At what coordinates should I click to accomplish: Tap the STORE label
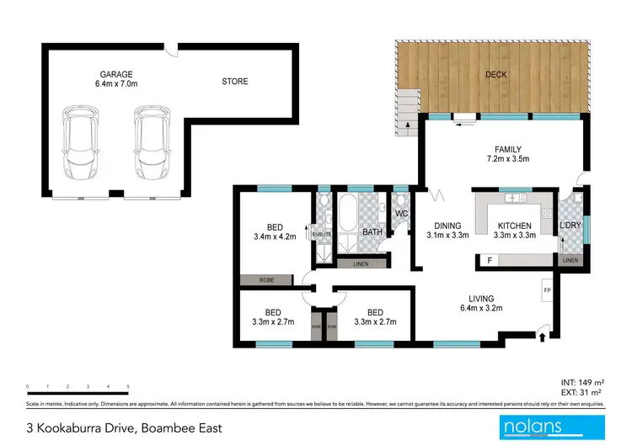235,82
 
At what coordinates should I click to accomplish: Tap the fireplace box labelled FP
546,291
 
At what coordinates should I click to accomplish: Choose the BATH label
372,231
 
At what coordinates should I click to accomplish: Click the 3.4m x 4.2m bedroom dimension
275,238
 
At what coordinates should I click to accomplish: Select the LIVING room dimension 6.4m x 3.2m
482,310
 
